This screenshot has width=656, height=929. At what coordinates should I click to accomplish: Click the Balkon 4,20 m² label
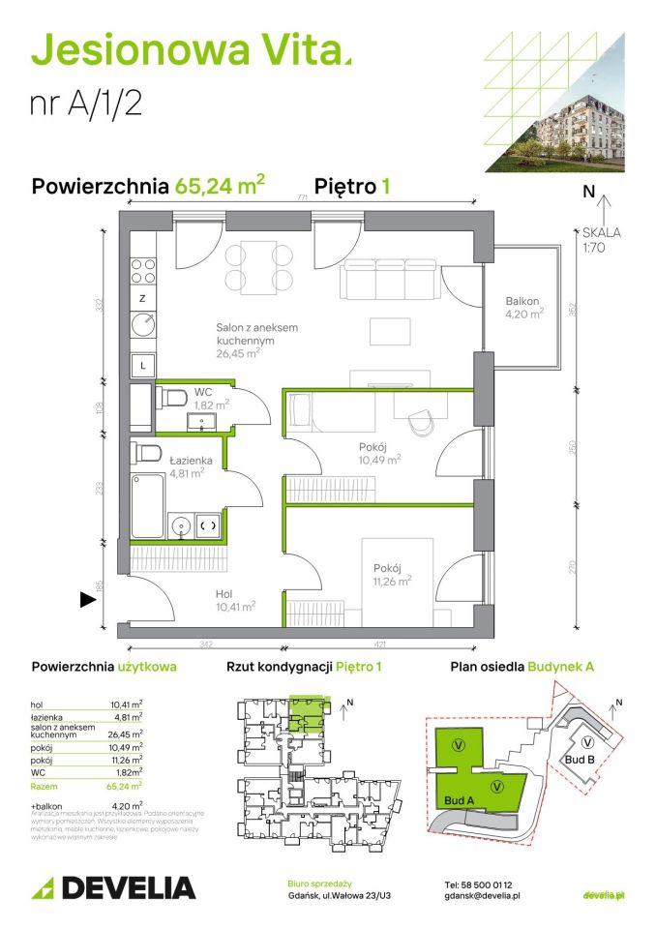pos(523,307)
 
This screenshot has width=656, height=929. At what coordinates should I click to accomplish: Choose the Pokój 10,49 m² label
pos(379,453)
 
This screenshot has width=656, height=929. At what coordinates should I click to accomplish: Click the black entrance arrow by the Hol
pos(87,600)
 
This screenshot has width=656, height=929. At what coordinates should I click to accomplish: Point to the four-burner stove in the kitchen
pos(143,272)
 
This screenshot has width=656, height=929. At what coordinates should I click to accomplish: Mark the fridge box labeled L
pos(143,365)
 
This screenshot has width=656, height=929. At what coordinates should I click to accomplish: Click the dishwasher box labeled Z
pos(142,298)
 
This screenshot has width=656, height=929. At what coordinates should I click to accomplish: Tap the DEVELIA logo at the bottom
pos(114,887)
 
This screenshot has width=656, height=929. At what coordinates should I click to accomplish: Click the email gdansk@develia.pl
pos(483,897)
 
